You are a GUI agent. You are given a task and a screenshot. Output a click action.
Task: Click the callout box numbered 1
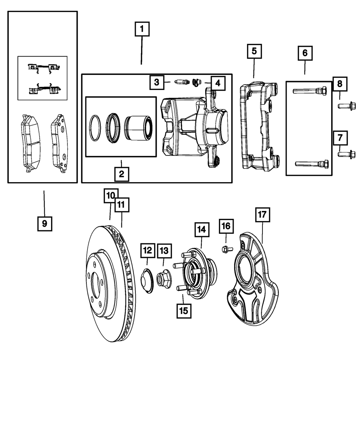pyautogui.click(x=142, y=29)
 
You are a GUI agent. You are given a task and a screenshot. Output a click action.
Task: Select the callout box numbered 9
pyautogui.click(x=44, y=224)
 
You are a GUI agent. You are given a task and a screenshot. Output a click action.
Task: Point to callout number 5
pyautogui.click(x=254, y=51)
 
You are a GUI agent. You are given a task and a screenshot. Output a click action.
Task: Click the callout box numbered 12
pyautogui.click(x=148, y=251)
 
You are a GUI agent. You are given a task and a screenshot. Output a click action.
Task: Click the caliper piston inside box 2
pyautogui.click(x=139, y=127)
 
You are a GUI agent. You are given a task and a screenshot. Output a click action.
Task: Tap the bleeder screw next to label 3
pyautogui.click(x=180, y=82)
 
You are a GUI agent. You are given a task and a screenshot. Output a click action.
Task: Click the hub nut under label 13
pyautogui.click(x=164, y=278)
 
